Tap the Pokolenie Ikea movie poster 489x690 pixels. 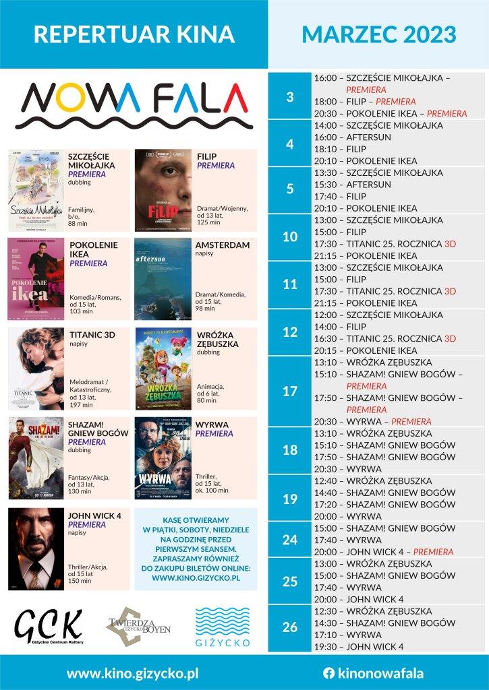click(36, 278)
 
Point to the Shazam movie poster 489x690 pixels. click(36, 458)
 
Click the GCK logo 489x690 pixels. click(49, 627)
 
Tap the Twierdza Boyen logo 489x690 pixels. click(138, 627)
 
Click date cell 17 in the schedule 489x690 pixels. click(290, 391)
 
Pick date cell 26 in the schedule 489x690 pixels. click(290, 628)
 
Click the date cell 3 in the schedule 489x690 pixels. click(290, 96)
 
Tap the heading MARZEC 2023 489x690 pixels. click(378, 34)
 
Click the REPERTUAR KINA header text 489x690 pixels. click(134, 34)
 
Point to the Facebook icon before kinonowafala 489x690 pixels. click(329, 672)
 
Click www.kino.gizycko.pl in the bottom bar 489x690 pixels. click(132, 672)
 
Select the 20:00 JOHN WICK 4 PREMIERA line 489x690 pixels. click(383, 552)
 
